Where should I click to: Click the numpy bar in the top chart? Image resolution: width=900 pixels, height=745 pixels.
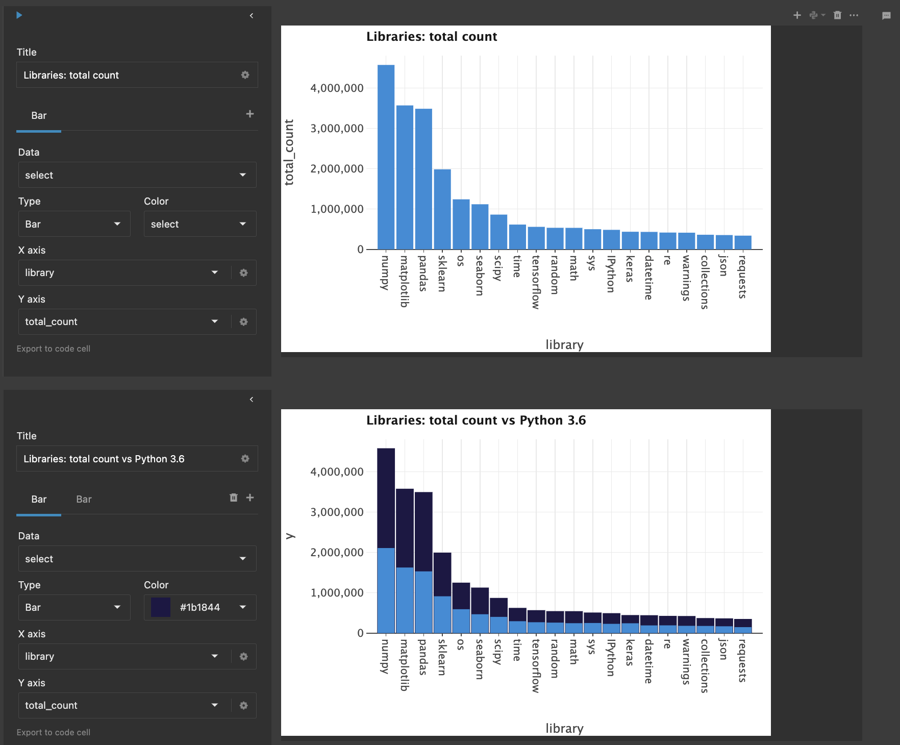tap(386, 158)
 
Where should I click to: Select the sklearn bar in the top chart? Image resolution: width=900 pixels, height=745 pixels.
tap(442, 209)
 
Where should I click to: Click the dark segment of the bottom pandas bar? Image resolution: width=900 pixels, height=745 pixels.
tap(423, 531)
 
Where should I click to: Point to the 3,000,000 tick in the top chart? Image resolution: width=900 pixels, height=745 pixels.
tap(337, 129)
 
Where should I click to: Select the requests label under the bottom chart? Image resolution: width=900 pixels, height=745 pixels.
tap(742, 660)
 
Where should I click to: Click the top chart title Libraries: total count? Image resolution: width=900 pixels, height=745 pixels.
tap(432, 37)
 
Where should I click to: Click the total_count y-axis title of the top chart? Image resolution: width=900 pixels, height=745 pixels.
tap(289, 152)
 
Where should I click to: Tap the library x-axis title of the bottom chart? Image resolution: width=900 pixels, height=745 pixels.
tap(564, 728)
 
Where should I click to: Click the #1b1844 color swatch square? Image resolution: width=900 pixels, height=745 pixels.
tap(161, 607)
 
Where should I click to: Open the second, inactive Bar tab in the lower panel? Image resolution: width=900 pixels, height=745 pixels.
tap(84, 499)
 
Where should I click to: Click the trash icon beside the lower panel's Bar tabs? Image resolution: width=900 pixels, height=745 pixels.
tap(234, 498)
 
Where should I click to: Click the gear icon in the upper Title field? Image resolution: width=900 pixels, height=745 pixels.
tap(245, 75)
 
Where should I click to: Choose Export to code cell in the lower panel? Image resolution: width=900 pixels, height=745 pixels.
tap(54, 732)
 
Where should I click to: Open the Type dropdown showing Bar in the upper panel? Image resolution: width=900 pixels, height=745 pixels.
tap(73, 224)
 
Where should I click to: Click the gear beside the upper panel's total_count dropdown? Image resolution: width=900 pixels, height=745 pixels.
tap(243, 321)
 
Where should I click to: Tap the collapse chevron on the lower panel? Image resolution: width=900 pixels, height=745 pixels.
tap(252, 400)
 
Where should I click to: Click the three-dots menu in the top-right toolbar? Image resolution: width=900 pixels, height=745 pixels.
tap(854, 15)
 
